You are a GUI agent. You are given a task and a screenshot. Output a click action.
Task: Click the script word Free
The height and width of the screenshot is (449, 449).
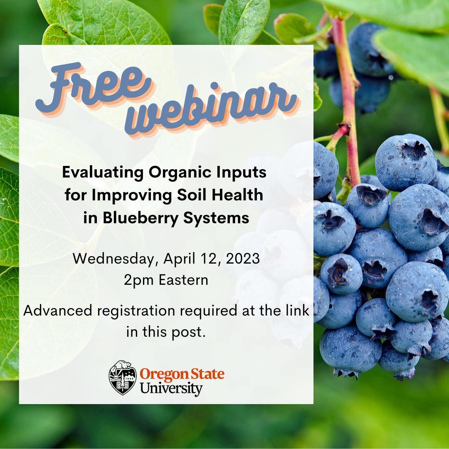(x=94, y=87)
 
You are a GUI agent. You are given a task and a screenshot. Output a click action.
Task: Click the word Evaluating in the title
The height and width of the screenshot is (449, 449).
(x=103, y=173)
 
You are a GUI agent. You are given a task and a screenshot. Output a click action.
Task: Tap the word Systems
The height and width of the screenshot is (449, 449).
(x=216, y=218)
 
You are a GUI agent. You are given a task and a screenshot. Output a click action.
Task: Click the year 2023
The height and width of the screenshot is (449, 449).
(x=243, y=259)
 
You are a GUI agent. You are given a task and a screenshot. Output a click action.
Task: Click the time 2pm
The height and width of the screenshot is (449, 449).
(x=139, y=280)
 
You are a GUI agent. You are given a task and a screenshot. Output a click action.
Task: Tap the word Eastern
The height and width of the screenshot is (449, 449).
(x=184, y=280)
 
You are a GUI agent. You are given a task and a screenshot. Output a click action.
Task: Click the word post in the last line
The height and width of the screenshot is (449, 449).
(x=188, y=333)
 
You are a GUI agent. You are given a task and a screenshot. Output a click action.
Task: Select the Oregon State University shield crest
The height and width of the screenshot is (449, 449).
(x=123, y=377)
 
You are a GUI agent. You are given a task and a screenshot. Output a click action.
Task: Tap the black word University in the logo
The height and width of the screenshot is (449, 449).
(x=171, y=389)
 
